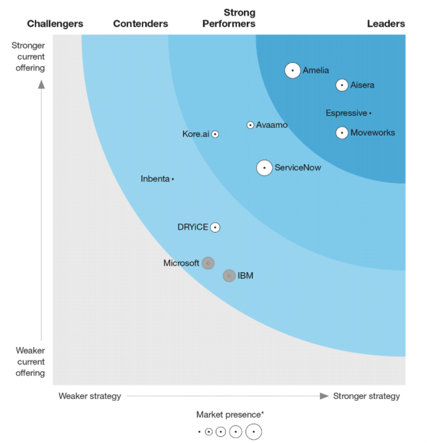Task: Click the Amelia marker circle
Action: point(292,71)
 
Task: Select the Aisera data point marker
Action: point(342,85)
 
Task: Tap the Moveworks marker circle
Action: point(342,132)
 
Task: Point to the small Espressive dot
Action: point(370,113)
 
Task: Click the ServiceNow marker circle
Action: point(265,168)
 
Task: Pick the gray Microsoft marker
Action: point(208,263)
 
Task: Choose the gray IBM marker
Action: point(229,275)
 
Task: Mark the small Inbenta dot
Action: point(173,179)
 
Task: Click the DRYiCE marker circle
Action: point(215,227)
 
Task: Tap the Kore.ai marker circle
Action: point(215,134)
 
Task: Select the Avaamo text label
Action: point(272,125)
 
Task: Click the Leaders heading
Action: point(386,23)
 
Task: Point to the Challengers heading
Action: point(55,23)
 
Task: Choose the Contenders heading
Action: point(140,23)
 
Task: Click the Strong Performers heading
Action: point(229,18)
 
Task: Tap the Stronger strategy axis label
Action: point(366,396)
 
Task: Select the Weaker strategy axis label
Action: point(90,396)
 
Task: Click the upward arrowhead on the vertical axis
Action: point(41,85)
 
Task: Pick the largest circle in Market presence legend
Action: point(254,431)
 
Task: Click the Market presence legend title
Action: point(230,415)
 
